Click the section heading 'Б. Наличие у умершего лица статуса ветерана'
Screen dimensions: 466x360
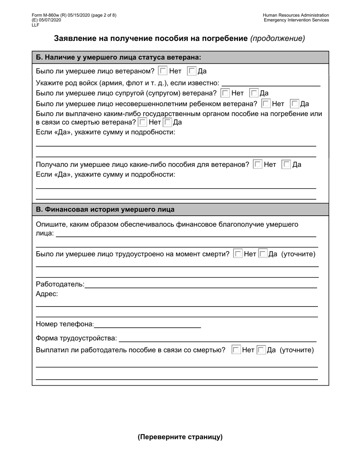tap(118, 58)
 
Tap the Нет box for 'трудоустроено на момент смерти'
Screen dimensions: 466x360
tap(238, 254)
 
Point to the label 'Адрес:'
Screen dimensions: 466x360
tap(47, 294)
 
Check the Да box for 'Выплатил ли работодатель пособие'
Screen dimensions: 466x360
tap(261, 350)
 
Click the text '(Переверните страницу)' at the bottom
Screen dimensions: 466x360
tap(180, 437)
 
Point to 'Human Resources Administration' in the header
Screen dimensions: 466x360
tap(296, 16)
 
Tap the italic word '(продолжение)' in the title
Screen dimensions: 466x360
tap(277, 38)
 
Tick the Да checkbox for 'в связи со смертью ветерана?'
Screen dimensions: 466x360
tap(167, 122)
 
